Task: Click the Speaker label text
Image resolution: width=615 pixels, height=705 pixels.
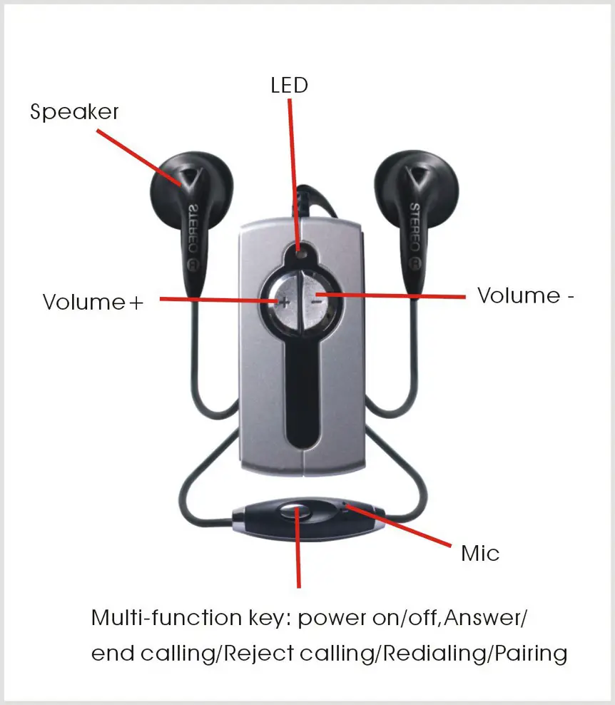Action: (74, 112)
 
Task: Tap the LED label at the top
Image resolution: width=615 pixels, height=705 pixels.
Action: (289, 86)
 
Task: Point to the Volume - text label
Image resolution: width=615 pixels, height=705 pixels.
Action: (525, 295)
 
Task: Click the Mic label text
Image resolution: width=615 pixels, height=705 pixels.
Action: (480, 553)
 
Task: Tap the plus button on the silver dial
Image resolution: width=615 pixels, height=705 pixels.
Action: (284, 301)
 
